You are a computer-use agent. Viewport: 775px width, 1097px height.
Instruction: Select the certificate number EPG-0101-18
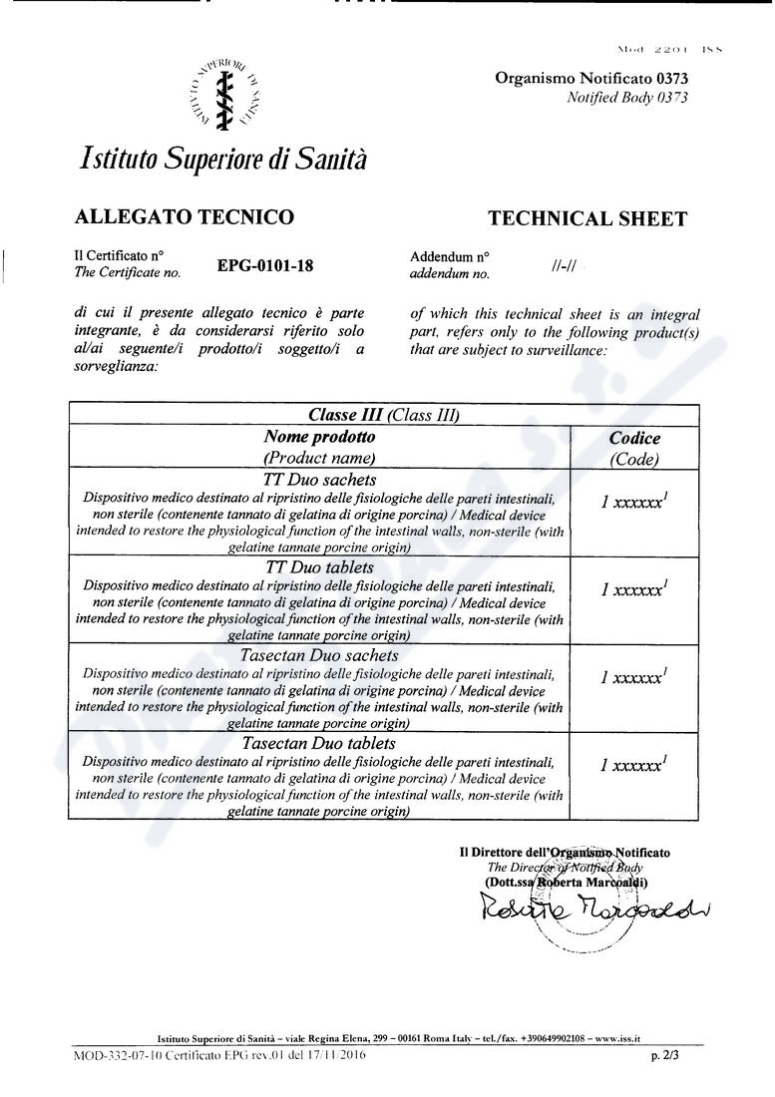click(264, 265)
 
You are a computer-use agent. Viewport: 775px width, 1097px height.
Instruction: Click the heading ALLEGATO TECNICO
click(185, 216)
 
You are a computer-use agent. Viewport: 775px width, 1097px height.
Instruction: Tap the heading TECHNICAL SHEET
click(586, 219)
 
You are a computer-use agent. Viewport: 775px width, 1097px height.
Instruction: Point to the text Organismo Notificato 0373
click(591, 79)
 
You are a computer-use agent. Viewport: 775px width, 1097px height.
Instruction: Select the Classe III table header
click(383, 416)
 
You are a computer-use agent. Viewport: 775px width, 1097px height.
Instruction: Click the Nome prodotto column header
click(319, 437)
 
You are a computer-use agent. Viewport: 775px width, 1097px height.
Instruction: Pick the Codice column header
click(634, 438)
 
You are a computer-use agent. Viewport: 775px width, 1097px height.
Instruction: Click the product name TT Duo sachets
click(319, 480)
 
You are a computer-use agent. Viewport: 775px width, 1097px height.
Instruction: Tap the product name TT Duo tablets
click(319, 567)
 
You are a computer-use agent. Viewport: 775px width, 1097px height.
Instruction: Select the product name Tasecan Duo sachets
click(319, 655)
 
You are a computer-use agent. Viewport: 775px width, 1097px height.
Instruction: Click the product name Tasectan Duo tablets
click(319, 743)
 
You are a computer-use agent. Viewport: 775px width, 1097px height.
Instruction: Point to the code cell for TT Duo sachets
click(634, 503)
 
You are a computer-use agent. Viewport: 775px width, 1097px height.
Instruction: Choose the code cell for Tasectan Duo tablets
click(634, 766)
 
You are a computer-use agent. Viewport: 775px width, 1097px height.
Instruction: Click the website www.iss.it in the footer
click(617, 1037)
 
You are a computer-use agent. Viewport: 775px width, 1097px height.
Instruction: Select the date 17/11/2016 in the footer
click(333, 1054)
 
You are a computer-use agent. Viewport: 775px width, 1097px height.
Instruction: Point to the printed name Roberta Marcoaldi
click(590, 882)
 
